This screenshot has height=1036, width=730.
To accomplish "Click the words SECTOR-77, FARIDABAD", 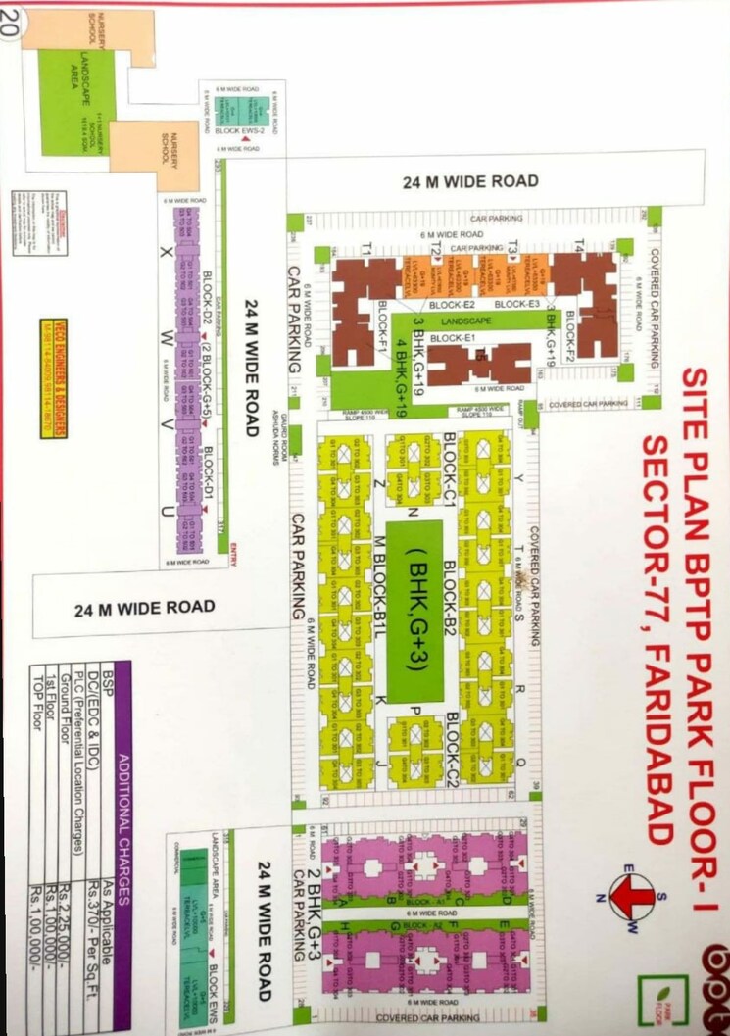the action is pos(654,636).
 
